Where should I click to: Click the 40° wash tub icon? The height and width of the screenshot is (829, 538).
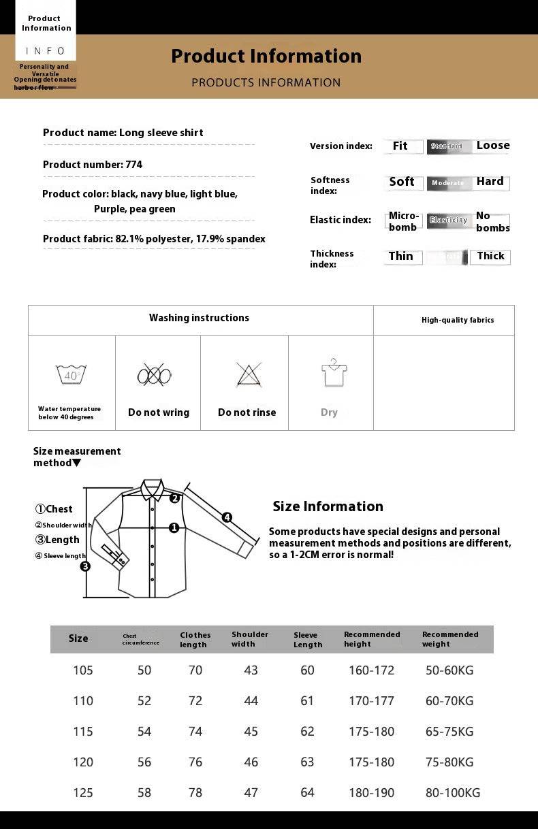pos(71,374)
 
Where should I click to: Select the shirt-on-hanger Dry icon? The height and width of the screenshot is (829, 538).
pos(334,373)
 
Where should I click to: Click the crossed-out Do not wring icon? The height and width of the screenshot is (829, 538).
pos(154,375)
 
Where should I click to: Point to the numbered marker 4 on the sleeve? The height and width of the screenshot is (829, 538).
pos(227,517)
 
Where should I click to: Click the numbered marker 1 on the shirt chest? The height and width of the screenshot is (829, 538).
pos(174,527)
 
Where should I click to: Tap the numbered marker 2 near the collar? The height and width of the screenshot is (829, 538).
pos(174,498)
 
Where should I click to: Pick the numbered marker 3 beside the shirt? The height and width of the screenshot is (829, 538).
pos(85,566)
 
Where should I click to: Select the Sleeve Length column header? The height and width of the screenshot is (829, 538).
pos(308,640)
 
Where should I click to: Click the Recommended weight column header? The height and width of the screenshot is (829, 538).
pos(450,639)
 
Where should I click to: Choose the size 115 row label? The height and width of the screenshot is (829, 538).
pos(83,732)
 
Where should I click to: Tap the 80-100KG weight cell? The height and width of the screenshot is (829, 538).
pos(453,793)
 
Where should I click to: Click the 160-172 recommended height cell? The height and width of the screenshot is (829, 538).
pos(371,670)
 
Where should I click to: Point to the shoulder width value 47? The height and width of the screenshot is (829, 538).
pos(251,793)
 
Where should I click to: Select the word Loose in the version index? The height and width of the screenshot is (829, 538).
pos(493,146)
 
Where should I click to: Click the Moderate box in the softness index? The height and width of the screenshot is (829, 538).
pos(447,183)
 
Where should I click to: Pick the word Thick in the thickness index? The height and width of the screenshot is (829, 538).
pos(490,257)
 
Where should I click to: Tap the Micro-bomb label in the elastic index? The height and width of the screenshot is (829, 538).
pos(403,222)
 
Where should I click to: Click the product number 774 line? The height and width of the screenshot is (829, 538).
pos(93,165)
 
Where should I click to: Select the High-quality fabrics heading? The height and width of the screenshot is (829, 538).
pos(458,320)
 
